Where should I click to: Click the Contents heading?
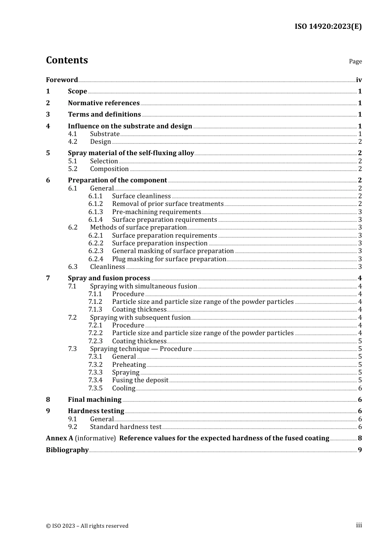point(67,60)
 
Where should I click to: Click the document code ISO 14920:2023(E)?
point(328,27)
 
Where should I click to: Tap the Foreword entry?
point(62,80)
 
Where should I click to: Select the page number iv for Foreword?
point(358,80)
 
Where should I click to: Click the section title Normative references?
point(104,103)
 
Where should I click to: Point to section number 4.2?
point(72,142)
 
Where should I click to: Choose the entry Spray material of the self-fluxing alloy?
point(131,153)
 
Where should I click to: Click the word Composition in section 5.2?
point(109,169)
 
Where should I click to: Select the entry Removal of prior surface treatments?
point(168,204)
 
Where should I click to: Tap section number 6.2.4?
point(95,259)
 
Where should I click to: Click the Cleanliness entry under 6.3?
point(107,267)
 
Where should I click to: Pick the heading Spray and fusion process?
point(109,278)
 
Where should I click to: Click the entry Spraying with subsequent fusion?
point(140,318)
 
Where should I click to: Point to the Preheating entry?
point(129,365)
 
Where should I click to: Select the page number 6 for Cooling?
point(360,388)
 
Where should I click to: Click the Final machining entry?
point(95,400)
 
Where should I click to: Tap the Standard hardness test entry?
point(126,427)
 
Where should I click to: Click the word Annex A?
point(59,438)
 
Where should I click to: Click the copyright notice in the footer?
point(87,526)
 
